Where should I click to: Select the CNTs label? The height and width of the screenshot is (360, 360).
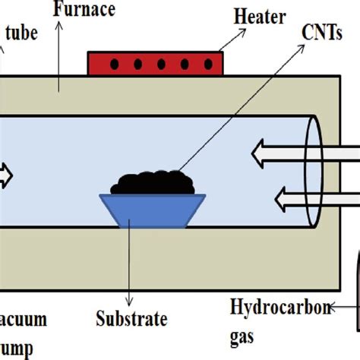click(320, 32)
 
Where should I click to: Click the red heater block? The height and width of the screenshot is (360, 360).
click(156, 64)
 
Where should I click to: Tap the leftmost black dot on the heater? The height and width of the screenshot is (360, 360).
click(114, 64)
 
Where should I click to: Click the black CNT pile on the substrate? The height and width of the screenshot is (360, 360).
click(152, 182)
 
